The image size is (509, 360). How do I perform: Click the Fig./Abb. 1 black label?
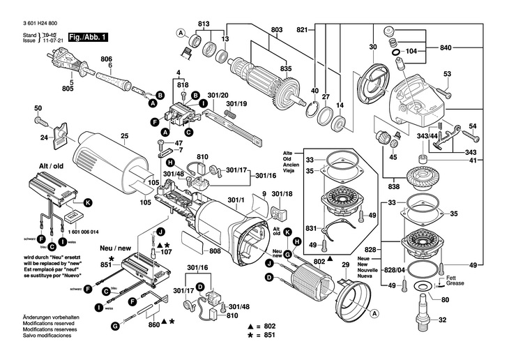coord(89,36)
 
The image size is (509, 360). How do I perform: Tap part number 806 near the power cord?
coord(105,59)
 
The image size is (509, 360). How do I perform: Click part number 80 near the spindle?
coord(446,301)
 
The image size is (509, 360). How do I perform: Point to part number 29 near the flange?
coord(344,266)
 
